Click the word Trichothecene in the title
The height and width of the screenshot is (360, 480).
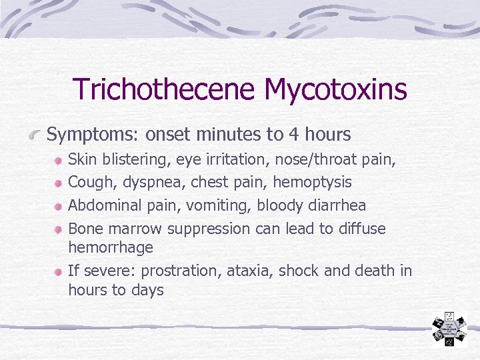click(164, 89)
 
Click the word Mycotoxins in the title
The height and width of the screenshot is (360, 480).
click(335, 89)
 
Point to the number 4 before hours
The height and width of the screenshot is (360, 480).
click(293, 135)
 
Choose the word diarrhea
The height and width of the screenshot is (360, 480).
click(335, 205)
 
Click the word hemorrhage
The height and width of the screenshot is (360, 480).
click(111, 247)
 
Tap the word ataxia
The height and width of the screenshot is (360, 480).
click(249, 271)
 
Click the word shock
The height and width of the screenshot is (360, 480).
click(297, 271)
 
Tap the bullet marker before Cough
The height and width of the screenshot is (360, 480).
click(59, 183)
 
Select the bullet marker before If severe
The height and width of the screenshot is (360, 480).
click(59, 272)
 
